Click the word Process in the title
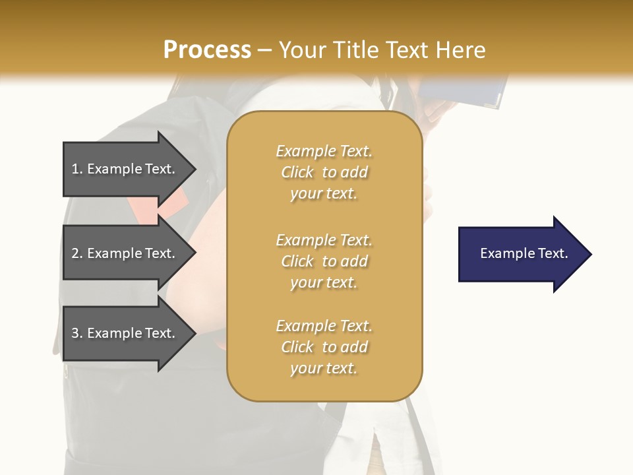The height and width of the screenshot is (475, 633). click(x=207, y=50)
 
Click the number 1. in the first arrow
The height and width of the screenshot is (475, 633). click(x=77, y=169)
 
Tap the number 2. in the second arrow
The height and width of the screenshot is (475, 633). click(x=77, y=253)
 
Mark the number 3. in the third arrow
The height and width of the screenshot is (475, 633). click(x=77, y=333)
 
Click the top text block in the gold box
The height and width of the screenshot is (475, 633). click(x=324, y=172)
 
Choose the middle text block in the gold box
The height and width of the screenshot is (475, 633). click(x=324, y=261)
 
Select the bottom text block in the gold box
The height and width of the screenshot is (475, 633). click(x=324, y=347)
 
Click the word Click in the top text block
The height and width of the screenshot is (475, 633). click(x=297, y=172)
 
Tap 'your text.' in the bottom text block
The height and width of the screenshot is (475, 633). click(x=324, y=368)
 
